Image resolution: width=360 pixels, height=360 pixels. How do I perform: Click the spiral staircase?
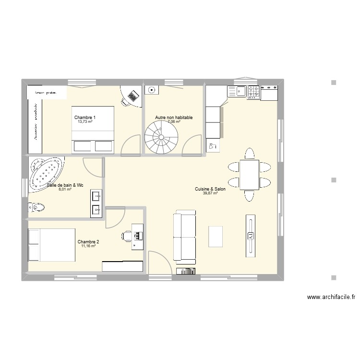[x=161, y=137]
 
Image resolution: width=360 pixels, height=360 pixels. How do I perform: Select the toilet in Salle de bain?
[x=36, y=207]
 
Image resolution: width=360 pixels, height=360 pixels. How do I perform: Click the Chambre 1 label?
[x=85, y=118]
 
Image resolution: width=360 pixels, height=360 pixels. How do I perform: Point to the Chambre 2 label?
[x=88, y=241]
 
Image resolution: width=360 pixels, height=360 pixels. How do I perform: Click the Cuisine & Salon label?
[x=210, y=189]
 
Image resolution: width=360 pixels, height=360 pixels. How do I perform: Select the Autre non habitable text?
[x=174, y=118]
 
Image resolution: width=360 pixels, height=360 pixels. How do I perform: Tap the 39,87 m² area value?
[x=210, y=193]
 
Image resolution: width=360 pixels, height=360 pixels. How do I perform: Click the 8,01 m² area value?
[x=65, y=189]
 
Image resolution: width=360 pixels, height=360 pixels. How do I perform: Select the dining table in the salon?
[x=249, y=175]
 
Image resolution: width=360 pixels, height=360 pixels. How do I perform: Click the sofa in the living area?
[x=185, y=237]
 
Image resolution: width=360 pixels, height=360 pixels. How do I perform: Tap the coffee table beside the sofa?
[x=216, y=236]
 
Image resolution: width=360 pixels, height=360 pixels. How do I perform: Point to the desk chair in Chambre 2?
[x=127, y=235]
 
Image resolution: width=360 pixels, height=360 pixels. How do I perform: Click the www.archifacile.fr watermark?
[x=331, y=297]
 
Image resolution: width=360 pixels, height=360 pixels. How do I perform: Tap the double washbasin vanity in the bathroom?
[x=96, y=203]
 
